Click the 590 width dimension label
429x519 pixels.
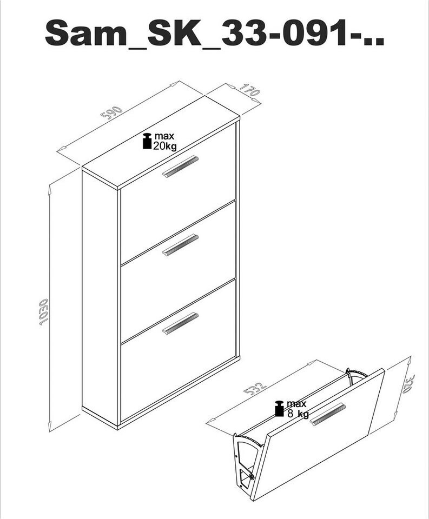tap(111, 112)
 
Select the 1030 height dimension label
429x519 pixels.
tap(43, 312)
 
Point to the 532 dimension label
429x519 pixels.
tap(255, 389)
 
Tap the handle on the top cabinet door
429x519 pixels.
tap(180, 166)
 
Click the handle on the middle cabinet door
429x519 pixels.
tap(180, 245)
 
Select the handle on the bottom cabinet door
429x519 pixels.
tap(180, 323)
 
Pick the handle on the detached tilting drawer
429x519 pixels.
tap(327, 414)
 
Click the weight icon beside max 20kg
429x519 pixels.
tap(147, 141)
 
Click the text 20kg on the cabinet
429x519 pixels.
tap(164, 146)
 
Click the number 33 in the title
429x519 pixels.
tap(243, 32)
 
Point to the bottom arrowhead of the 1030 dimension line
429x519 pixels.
tap(50, 427)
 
